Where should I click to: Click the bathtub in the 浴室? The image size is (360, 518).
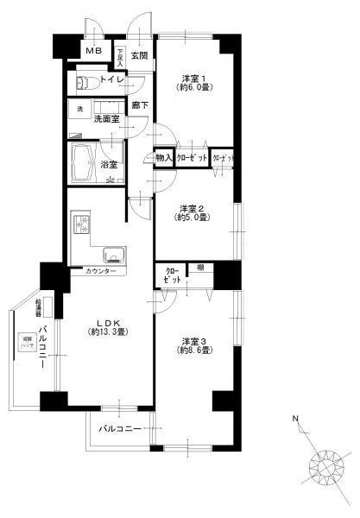click(x=85, y=160)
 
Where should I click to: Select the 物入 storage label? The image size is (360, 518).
click(x=162, y=159)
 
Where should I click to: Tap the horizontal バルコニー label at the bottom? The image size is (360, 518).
click(x=120, y=428)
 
